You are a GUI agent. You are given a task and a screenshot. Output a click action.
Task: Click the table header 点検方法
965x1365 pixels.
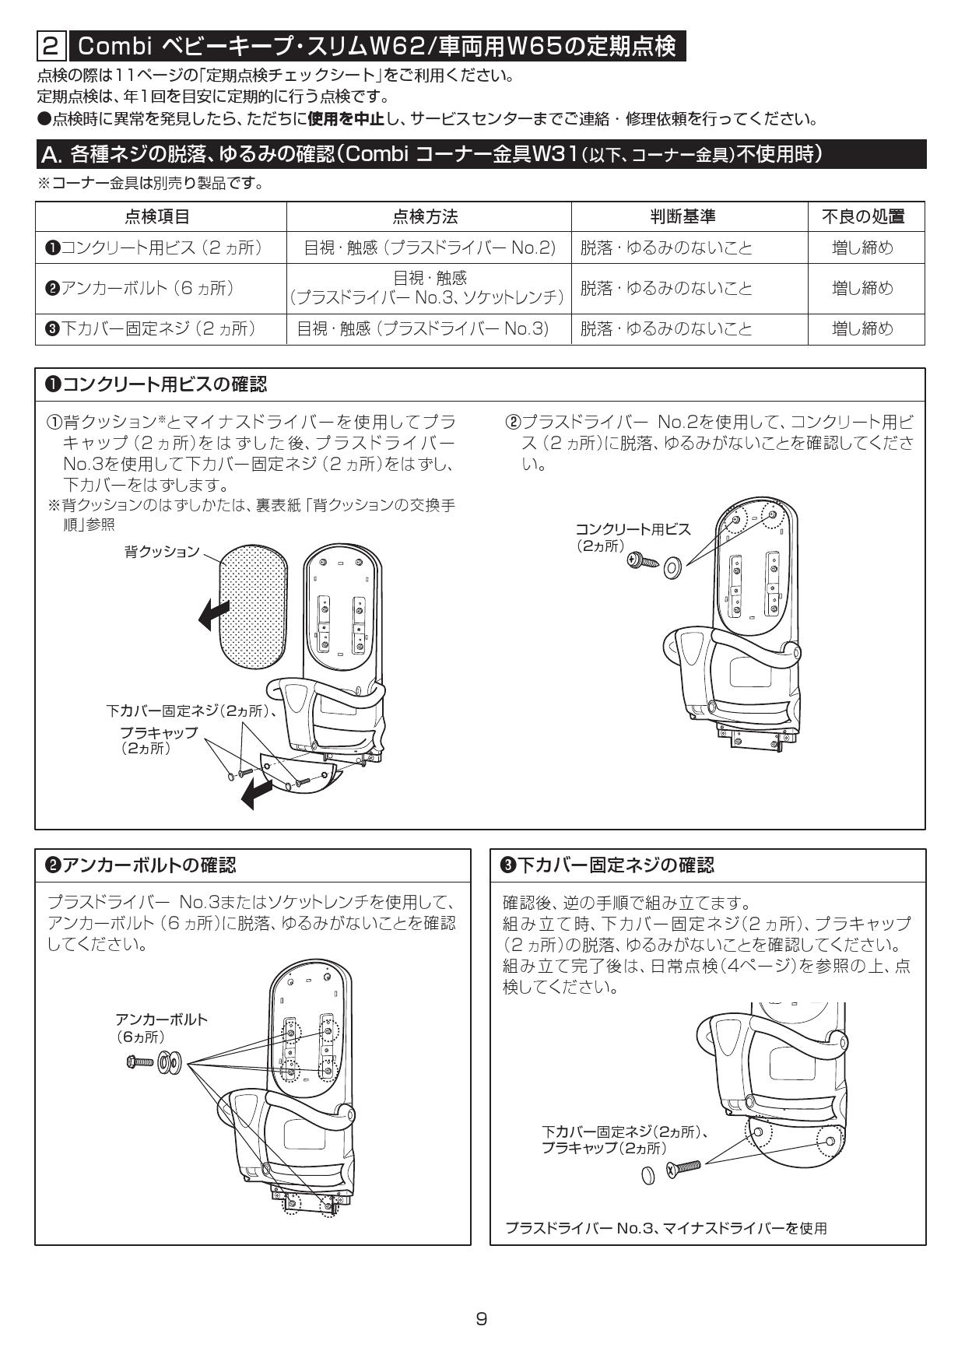coord(428,216)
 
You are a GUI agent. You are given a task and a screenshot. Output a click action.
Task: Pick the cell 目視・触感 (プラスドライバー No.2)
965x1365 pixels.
coord(429,248)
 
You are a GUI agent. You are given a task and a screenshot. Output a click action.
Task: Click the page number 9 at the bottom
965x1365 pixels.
coord(482,1318)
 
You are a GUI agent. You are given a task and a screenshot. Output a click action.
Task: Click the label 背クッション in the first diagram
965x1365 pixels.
coord(161,552)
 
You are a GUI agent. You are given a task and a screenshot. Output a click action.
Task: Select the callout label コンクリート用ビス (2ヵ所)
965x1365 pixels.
coord(632,537)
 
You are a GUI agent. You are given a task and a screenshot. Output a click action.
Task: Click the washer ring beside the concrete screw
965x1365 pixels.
coord(672,569)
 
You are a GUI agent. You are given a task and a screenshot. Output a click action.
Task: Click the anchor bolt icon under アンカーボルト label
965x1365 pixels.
coord(142,1061)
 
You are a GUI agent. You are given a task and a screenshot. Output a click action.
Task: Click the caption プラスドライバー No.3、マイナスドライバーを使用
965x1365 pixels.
coord(665,1228)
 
